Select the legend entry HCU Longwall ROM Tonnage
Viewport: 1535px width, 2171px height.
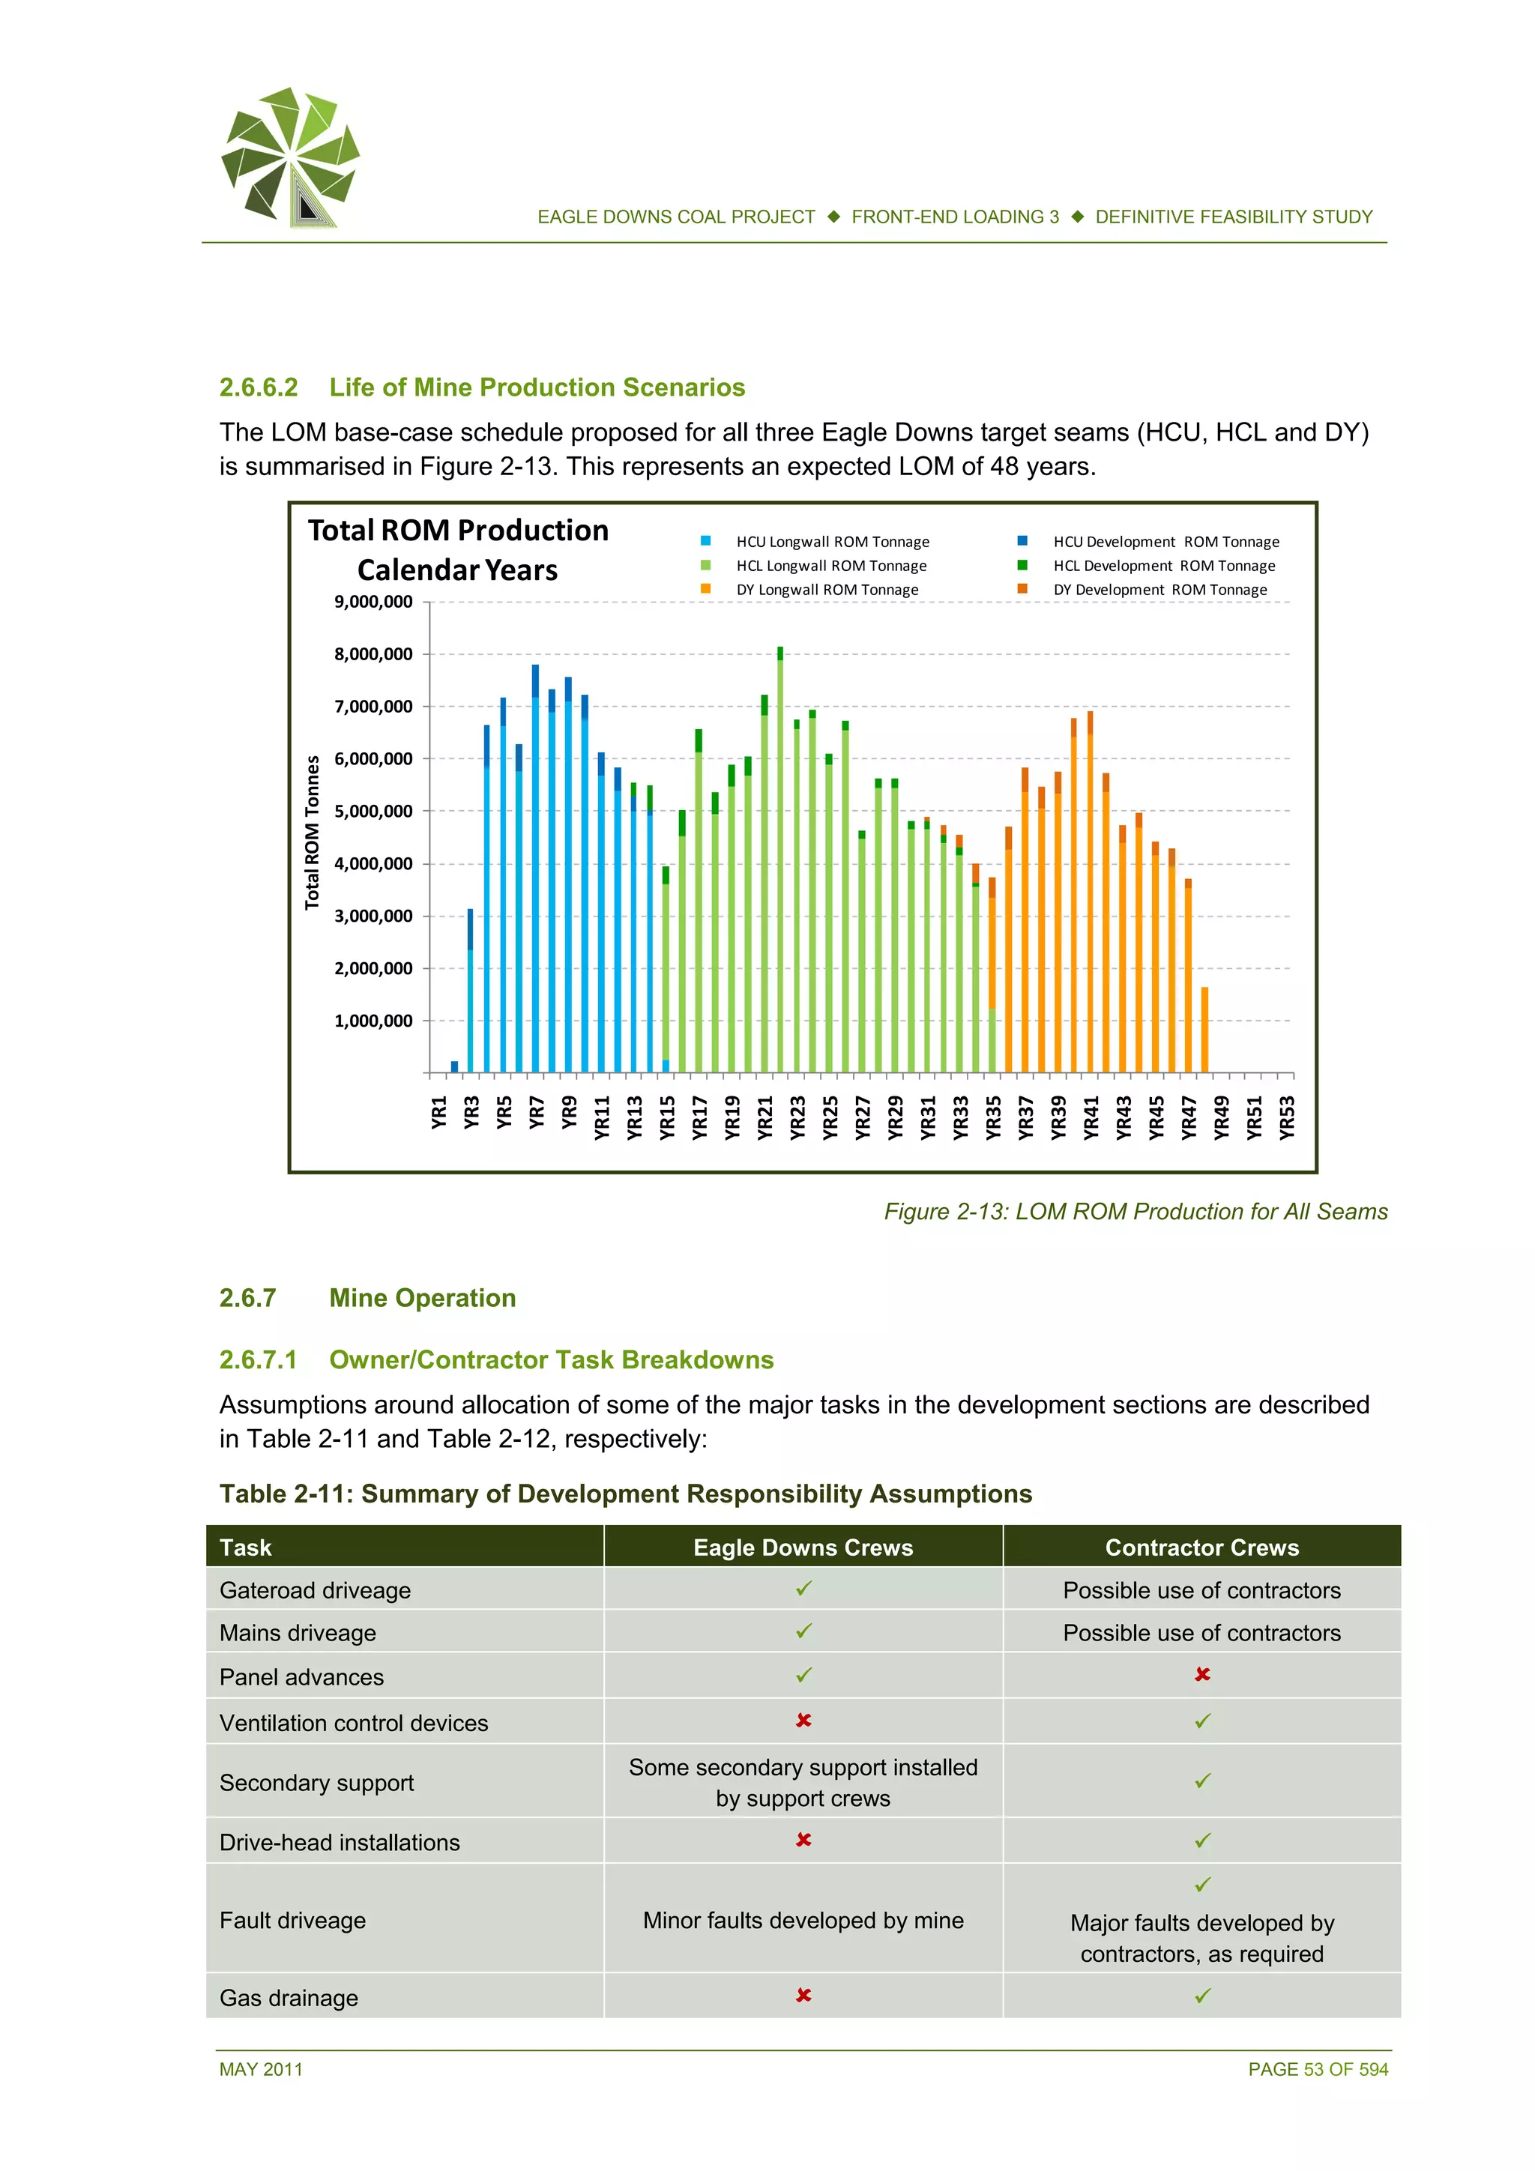coord(831,542)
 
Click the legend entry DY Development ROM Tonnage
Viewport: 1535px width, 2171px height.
coord(1159,590)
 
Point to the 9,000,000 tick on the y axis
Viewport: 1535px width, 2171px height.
coord(373,603)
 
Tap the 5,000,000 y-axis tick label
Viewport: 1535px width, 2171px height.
coord(373,812)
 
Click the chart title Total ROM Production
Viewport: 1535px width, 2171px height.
coord(458,531)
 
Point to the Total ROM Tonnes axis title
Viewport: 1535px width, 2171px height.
coord(312,832)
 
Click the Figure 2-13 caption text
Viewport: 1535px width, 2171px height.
coord(1135,1213)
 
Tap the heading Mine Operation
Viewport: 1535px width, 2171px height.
coord(422,1298)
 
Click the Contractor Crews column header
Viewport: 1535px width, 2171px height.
coord(1201,1548)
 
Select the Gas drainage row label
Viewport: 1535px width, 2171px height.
coord(289,1998)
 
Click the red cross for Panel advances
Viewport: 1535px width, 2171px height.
coord(1202,1675)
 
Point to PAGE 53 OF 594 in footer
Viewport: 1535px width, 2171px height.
coord(1318,2070)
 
